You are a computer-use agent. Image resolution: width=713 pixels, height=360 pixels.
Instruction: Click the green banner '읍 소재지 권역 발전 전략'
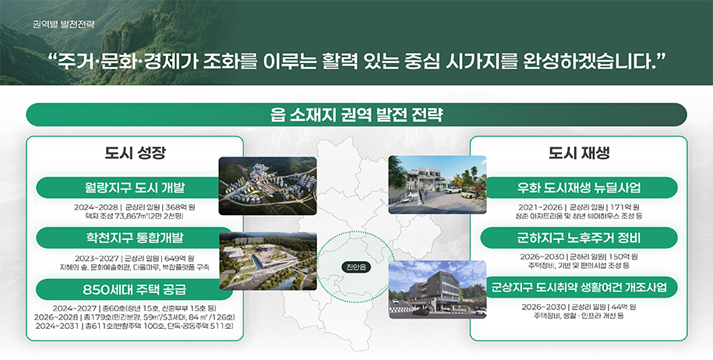click(x=356, y=115)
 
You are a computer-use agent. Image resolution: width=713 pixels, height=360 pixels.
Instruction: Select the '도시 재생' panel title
click(x=578, y=152)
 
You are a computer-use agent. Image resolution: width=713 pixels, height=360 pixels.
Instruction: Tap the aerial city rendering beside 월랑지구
click(x=267, y=185)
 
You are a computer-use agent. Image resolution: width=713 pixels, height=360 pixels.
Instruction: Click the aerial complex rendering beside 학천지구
click(x=267, y=261)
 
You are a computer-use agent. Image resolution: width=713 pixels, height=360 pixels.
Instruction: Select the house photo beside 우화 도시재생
click(x=437, y=185)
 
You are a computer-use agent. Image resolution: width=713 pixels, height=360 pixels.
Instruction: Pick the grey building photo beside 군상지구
click(x=437, y=288)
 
